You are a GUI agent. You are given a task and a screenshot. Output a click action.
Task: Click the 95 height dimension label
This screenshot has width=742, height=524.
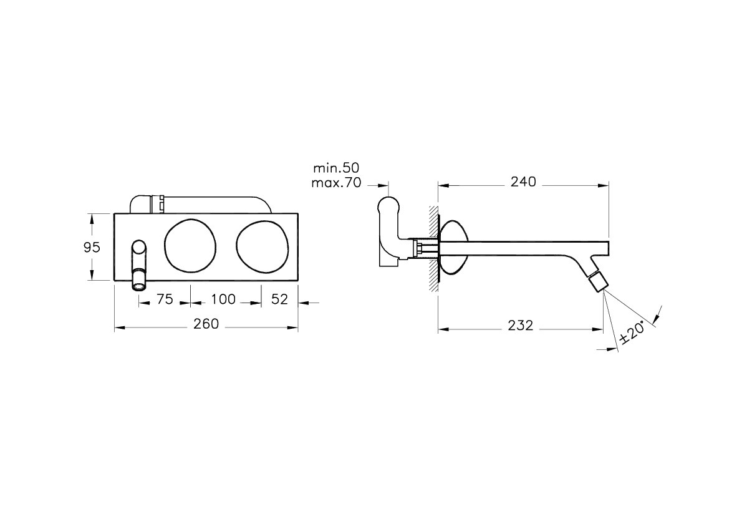(92, 247)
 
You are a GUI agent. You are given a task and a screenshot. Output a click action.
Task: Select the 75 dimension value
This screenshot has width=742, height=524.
(165, 299)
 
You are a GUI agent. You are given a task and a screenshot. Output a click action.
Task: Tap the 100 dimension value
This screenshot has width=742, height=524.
(223, 299)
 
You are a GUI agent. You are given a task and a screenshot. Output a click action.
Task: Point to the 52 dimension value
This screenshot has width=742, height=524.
(280, 299)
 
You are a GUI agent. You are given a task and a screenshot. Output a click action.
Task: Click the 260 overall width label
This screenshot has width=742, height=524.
(206, 324)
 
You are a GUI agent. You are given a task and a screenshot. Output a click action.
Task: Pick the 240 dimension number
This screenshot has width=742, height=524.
(523, 182)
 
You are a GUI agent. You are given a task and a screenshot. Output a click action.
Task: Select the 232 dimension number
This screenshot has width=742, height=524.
(521, 326)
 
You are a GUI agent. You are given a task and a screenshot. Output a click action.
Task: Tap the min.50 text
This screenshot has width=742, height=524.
(336, 168)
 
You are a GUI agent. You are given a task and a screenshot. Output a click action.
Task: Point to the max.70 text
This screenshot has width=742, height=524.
(336, 183)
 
